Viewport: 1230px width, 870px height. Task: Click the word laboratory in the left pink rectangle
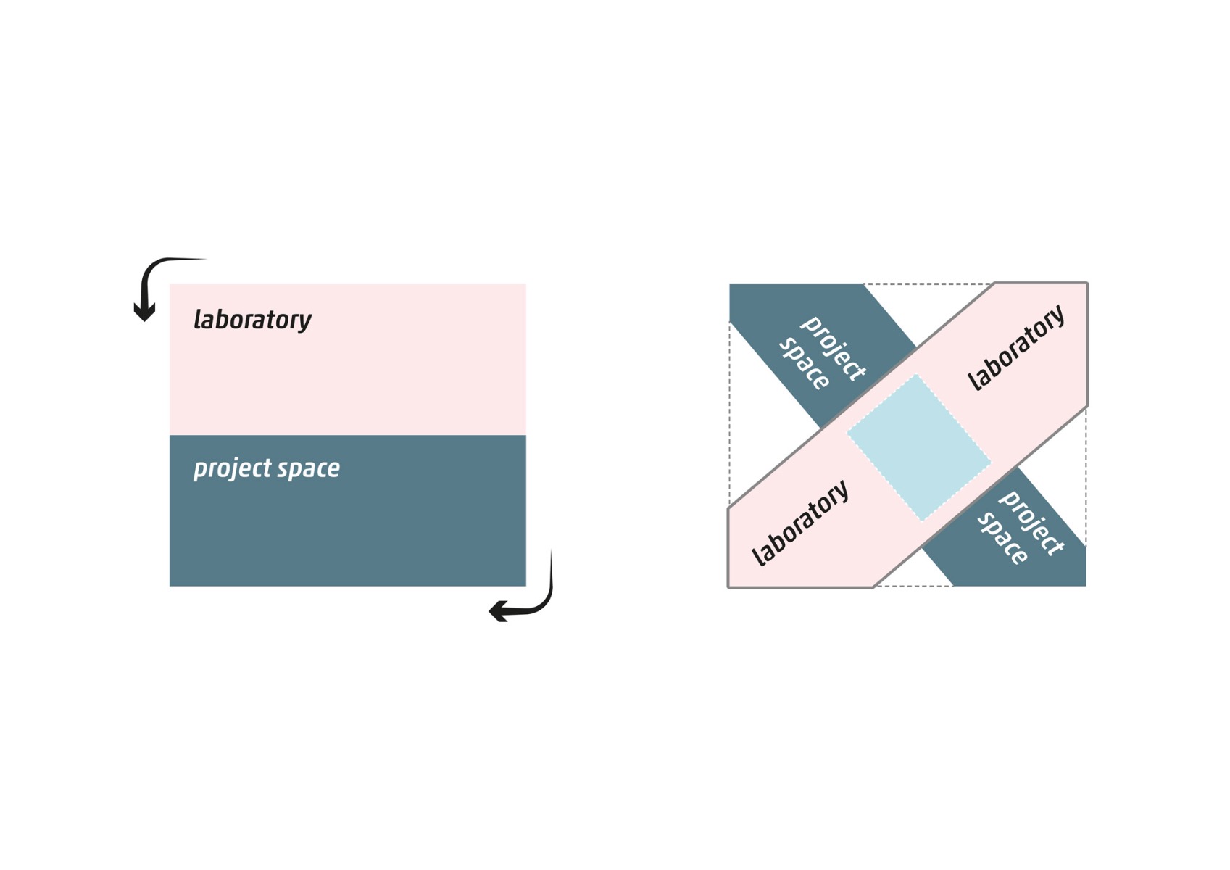point(252,320)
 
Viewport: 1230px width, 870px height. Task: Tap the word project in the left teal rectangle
point(232,468)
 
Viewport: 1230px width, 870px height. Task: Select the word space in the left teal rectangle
point(309,469)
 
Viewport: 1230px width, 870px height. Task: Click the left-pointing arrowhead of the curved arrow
point(499,611)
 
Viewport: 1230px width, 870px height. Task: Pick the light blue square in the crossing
point(919,447)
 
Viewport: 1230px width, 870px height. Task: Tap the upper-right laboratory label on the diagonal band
point(1016,347)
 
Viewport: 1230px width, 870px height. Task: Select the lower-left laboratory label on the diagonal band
point(799,523)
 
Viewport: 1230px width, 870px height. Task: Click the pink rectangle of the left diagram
point(347,377)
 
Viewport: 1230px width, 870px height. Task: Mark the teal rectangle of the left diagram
point(347,529)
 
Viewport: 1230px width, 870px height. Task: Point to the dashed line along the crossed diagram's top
point(928,284)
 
